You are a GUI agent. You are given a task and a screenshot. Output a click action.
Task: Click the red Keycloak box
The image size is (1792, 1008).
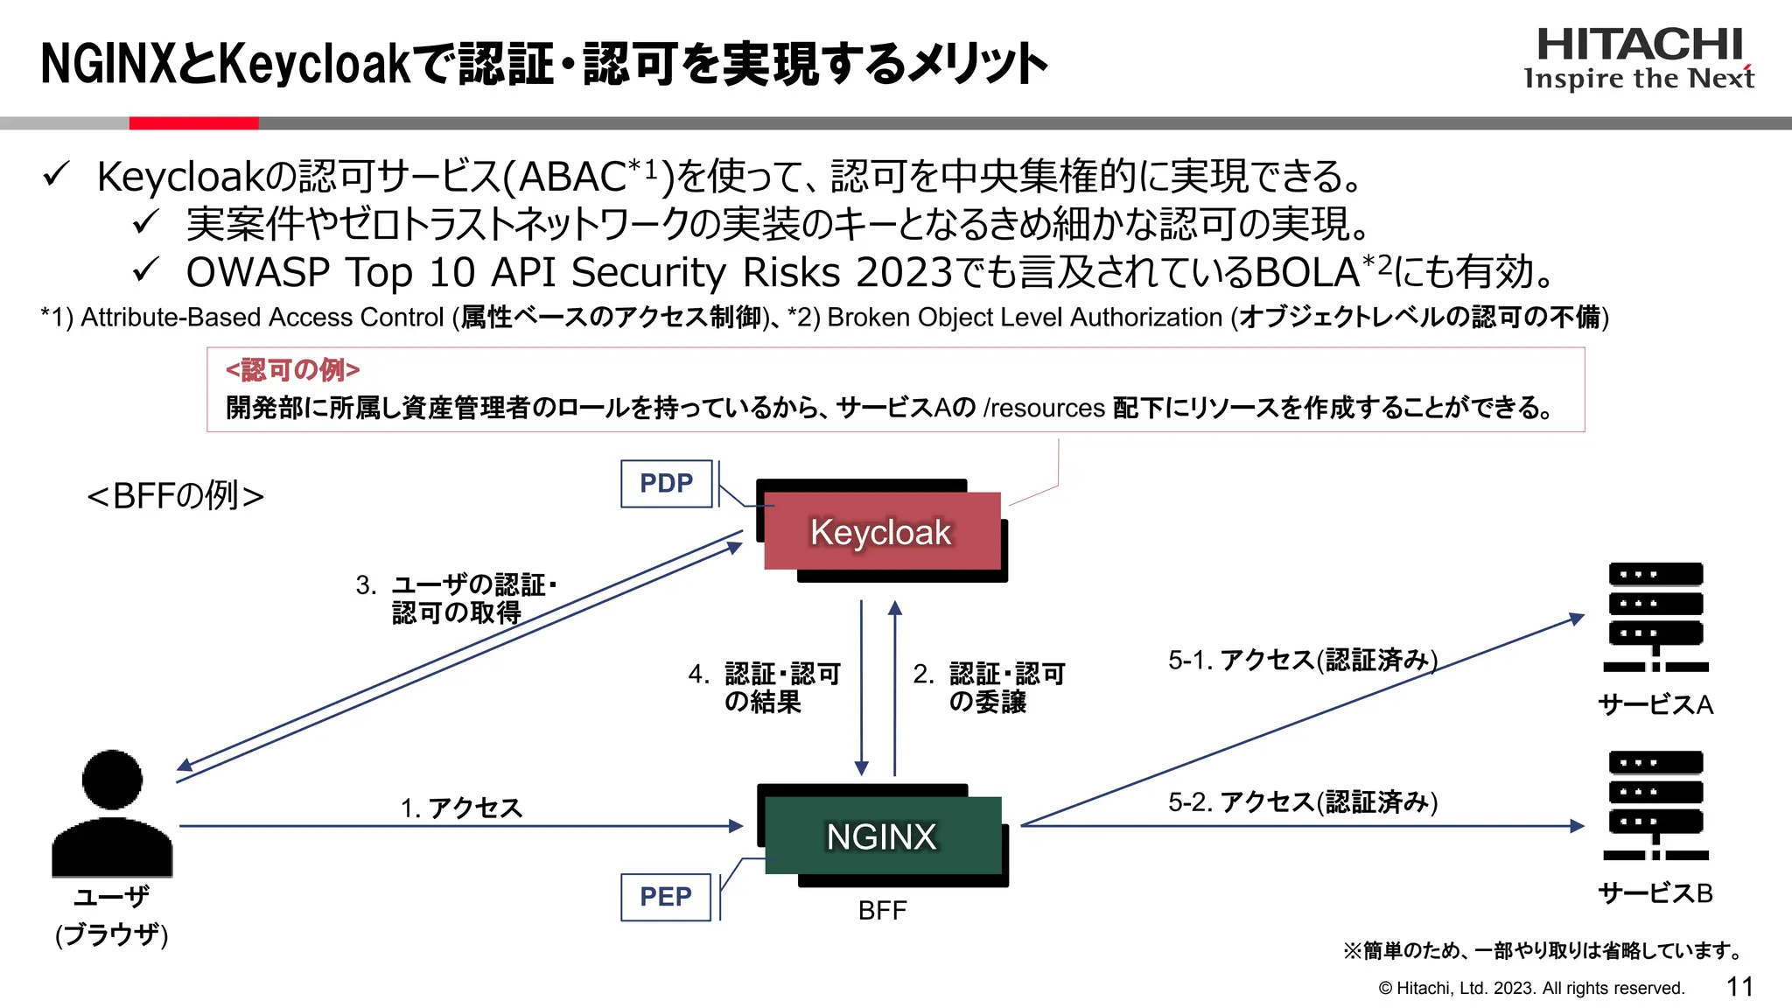881,531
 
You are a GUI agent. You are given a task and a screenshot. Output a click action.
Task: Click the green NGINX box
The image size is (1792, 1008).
882,836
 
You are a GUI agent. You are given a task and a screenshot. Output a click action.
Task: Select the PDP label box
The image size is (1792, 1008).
666,483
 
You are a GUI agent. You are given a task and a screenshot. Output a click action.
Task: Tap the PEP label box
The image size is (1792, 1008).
665,897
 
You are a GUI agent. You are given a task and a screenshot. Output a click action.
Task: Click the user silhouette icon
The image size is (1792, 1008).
112,814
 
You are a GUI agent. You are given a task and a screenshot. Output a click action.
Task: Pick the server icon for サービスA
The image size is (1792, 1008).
1655,617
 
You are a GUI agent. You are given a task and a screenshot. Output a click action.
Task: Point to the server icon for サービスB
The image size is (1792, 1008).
1655,806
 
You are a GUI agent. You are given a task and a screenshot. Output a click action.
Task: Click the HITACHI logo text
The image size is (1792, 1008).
1640,44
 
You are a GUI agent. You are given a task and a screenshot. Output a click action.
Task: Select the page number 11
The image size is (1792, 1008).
1739,987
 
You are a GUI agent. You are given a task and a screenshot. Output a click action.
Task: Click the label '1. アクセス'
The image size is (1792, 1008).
461,808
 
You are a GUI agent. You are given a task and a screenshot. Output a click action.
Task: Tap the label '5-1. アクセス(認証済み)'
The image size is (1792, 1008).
1303,660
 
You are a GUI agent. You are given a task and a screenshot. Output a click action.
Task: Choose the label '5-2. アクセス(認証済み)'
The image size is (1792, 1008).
1303,801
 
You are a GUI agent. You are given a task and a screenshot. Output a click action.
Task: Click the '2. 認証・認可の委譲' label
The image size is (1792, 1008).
989,688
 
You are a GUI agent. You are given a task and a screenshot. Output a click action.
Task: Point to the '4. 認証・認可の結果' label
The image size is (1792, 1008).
764,688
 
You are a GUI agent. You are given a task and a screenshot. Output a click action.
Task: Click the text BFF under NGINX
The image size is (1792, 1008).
882,911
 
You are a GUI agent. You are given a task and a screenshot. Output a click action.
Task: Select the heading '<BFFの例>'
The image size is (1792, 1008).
176,496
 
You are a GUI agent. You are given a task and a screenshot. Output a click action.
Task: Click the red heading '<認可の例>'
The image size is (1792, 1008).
292,370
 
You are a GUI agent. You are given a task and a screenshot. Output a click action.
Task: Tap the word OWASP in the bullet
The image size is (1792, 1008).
257,272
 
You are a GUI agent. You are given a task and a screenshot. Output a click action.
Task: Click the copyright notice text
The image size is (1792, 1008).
1531,988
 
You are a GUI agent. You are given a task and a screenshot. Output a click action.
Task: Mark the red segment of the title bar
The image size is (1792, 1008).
193,123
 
